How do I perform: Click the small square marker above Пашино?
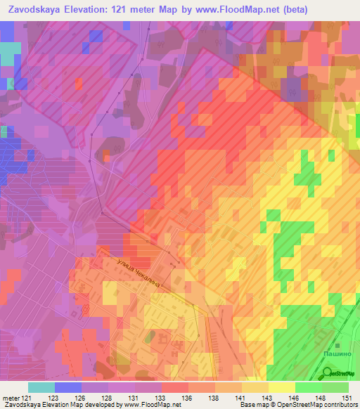[x=337, y=345]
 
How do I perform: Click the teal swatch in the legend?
[x=41, y=387]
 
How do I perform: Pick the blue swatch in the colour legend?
[x=67, y=387]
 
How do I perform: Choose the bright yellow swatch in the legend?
[x=281, y=387]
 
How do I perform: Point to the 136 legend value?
[x=188, y=397]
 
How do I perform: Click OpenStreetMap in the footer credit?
[x=328, y=405]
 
